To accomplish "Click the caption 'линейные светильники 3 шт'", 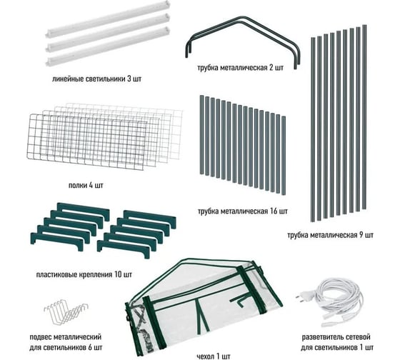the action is tap(96, 79).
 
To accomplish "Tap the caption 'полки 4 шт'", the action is tap(86, 185).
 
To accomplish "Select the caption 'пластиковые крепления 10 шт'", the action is tap(84, 275).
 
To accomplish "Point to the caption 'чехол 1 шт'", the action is tap(214, 356).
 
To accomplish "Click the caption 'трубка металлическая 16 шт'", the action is tap(243, 211).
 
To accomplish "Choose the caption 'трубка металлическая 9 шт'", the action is tap(330, 235).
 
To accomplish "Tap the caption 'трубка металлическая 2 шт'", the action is tap(240, 68).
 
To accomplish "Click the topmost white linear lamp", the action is tap(108, 19).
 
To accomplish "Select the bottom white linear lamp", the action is tap(108, 46).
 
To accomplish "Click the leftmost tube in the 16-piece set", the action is tap(201, 135).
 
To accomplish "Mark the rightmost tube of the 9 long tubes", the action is tap(364, 117).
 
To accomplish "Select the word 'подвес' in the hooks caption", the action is tap(41, 337).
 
